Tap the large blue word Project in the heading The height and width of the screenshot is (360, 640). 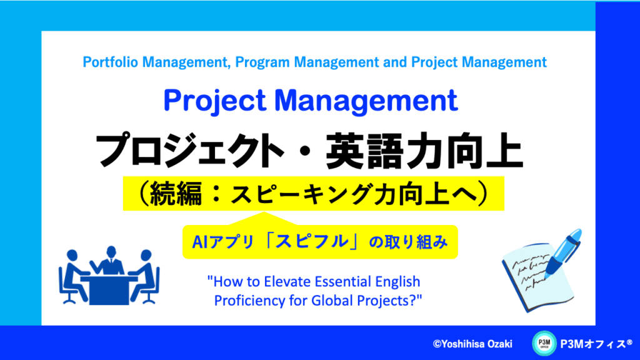pyautogui.click(x=215, y=101)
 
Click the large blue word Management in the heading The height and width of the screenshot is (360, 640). pyautogui.click(x=366, y=101)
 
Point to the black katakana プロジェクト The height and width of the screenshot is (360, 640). pyautogui.click(x=189, y=150)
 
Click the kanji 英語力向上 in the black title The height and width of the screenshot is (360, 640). pyautogui.click(x=424, y=150)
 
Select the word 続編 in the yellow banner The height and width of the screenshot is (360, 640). pyautogui.click(x=176, y=194)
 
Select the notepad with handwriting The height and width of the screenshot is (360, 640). pyautogui.click(x=536, y=277)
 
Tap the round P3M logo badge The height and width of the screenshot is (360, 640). pyautogui.click(x=544, y=343)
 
